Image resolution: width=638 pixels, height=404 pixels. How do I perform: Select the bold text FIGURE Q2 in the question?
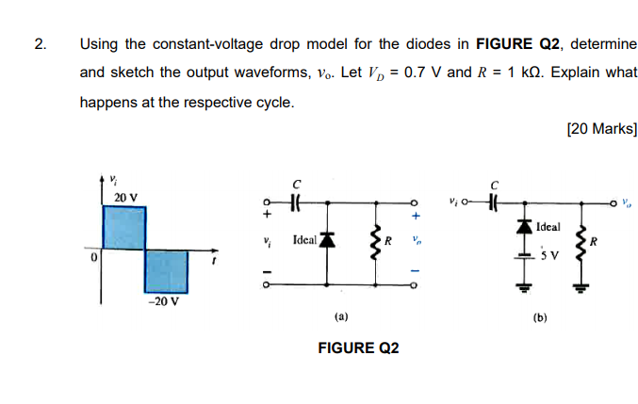518,44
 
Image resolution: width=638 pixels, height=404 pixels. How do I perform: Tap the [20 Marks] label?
602,129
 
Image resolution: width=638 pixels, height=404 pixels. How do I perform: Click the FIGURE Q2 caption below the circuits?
358,348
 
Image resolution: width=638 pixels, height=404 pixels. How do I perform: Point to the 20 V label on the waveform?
125,197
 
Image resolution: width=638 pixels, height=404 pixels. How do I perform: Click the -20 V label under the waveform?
161,302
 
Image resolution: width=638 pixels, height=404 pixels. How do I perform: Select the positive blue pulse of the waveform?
123,227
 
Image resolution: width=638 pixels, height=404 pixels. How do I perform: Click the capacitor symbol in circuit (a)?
295,202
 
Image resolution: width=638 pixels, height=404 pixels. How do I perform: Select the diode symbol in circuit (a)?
327,240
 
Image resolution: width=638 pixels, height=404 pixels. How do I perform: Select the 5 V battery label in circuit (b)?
552,255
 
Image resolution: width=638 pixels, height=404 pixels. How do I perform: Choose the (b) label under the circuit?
539,317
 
